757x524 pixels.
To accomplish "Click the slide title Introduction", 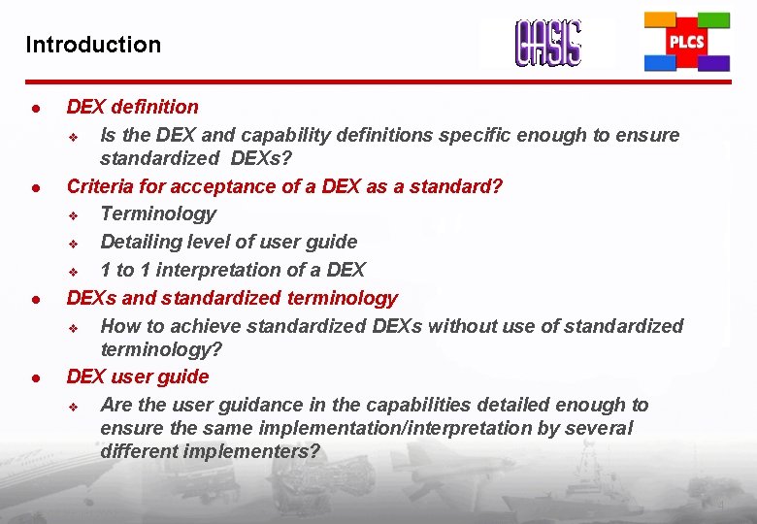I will pyautogui.click(x=93, y=45).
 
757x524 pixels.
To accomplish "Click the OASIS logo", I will pyautogui.click(x=548, y=44).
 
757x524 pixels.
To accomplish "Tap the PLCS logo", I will pyautogui.click(x=687, y=43).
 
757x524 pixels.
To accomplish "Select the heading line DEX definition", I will pyautogui.click(x=132, y=107).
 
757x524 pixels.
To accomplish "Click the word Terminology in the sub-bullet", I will pyautogui.click(x=158, y=213).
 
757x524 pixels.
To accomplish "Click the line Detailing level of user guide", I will pyautogui.click(x=228, y=242).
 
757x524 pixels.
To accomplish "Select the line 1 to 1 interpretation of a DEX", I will pyautogui.click(x=233, y=270).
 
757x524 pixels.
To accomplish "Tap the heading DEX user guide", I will pyautogui.click(x=137, y=376).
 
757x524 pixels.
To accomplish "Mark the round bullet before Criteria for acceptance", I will pyautogui.click(x=34, y=187).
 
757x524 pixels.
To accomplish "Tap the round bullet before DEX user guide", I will pyautogui.click(x=34, y=377).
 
